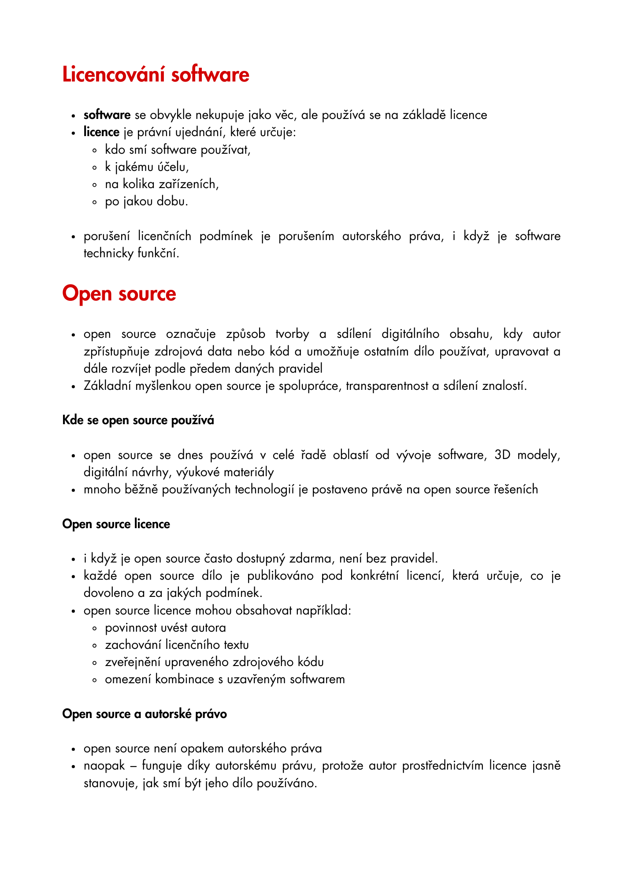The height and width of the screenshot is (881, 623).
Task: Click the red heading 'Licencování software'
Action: [156, 74]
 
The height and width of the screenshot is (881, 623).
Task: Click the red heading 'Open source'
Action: [119, 294]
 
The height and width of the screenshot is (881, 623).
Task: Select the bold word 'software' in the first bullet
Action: [107, 115]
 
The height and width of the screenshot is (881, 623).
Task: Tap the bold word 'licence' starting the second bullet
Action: [101, 132]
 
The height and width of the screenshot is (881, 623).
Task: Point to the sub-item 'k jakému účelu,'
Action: [147, 167]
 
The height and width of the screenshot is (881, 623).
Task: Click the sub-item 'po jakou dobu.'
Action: [146, 202]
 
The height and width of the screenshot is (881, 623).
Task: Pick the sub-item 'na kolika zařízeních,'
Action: [162, 184]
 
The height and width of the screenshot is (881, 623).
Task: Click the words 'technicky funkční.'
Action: [131, 254]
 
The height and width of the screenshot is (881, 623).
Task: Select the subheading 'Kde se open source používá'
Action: [138, 420]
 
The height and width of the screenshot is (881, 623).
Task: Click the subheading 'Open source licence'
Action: [116, 524]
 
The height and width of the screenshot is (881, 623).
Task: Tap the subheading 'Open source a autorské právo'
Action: [145, 714]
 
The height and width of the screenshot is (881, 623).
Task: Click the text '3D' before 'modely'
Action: [502, 455]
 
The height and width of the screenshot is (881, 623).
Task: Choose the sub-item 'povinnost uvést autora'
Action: [165, 628]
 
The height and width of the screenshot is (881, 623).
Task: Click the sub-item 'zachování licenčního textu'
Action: [177, 645]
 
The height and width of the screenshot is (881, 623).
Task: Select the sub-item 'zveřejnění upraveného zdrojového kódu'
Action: [214, 662]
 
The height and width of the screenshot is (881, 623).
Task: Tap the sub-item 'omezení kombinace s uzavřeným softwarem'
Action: [225, 679]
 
